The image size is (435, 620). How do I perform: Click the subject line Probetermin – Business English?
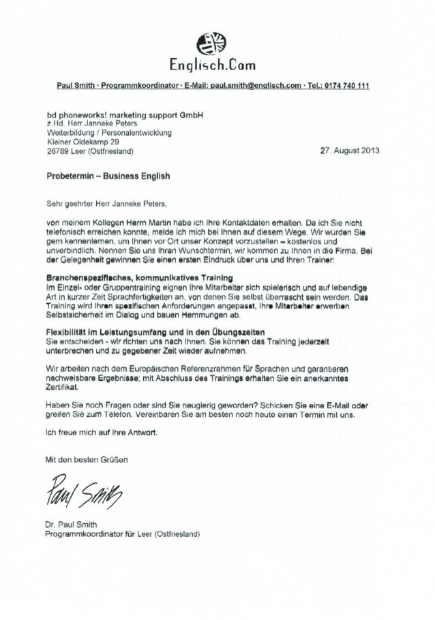click(108, 176)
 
